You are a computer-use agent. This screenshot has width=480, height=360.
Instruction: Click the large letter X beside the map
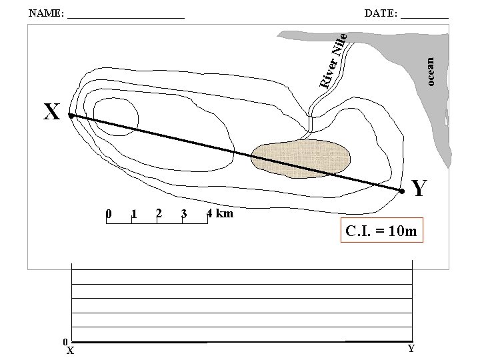(x=52, y=111)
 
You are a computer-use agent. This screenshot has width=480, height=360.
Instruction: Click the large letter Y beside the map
(x=419, y=187)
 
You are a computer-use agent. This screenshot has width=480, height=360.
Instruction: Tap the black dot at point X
(x=71, y=116)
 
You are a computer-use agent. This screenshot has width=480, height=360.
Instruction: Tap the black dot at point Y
(x=402, y=191)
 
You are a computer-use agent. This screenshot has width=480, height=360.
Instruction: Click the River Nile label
(x=333, y=61)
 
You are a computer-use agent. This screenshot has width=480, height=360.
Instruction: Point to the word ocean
(x=430, y=71)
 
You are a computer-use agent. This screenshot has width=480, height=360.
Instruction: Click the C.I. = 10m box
(x=382, y=230)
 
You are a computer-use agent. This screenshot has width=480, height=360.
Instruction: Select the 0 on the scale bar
(x=109, y=213)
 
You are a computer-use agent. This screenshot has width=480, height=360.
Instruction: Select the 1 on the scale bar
(x=134, y=213)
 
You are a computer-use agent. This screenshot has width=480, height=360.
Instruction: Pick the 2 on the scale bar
(x=159, y=213)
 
